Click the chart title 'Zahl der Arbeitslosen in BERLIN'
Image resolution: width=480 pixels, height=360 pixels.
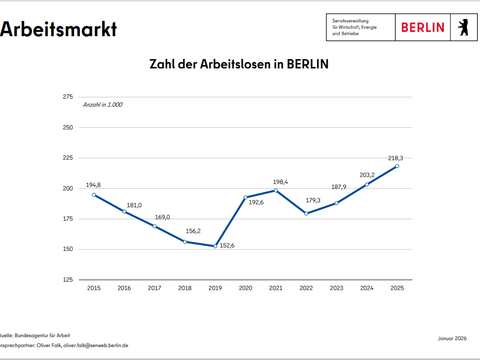point(238,63)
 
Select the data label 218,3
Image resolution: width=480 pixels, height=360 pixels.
point(398,157)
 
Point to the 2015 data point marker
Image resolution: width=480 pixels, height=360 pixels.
point(94,195)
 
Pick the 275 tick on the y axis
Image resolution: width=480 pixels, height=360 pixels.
point(68,97)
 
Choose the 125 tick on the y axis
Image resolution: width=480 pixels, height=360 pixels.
point(68,279)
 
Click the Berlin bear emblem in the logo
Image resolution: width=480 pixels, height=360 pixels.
point(463,25)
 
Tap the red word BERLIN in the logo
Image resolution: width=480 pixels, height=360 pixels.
point(422,26)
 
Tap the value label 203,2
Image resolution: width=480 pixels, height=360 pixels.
point(367,174)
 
